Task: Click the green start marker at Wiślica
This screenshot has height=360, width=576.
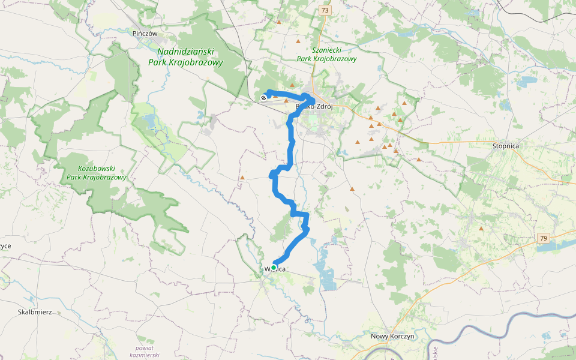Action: [x=274, y=268]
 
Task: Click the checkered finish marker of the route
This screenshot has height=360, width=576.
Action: [x=263, y=97]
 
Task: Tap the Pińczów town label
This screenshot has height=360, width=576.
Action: [x=145, y=34]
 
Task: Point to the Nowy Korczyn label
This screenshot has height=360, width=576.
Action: [x=392, y=337]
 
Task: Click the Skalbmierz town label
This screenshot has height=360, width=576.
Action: [x=35, y=312]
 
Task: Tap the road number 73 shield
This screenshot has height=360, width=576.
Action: [x=325, y=10]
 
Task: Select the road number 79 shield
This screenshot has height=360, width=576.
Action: [x=543, y=238]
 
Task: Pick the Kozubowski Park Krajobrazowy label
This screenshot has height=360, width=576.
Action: [x=97, y=173]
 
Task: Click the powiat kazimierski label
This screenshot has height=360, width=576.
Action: [x=145, y=352]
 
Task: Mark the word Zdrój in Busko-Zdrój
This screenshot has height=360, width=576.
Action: [x=322, y=107]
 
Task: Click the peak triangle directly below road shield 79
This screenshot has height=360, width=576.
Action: [x=481, y=229]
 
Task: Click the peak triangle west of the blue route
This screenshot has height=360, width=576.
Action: [x=242, y=178]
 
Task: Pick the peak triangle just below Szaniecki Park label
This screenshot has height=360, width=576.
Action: [x=292, y=85]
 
